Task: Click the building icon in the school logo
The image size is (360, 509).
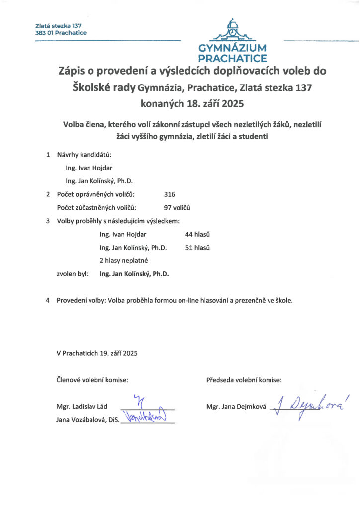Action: [232, 31]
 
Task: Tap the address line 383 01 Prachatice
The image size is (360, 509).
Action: [61, 33]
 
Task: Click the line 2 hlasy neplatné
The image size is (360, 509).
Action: [124, 260]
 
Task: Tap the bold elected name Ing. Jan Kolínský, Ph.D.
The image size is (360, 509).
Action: [134, 273]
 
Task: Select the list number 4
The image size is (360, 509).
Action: [48, 300]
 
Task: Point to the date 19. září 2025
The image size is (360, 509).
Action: [118, 353]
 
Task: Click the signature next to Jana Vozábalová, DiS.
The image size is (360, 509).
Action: [147, 417]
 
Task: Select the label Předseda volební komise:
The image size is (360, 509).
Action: [244, 380]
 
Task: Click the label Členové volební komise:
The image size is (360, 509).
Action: [92, 380]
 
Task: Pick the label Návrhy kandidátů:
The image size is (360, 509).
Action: [84, 155]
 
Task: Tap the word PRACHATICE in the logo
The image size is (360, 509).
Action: [233, 58]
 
